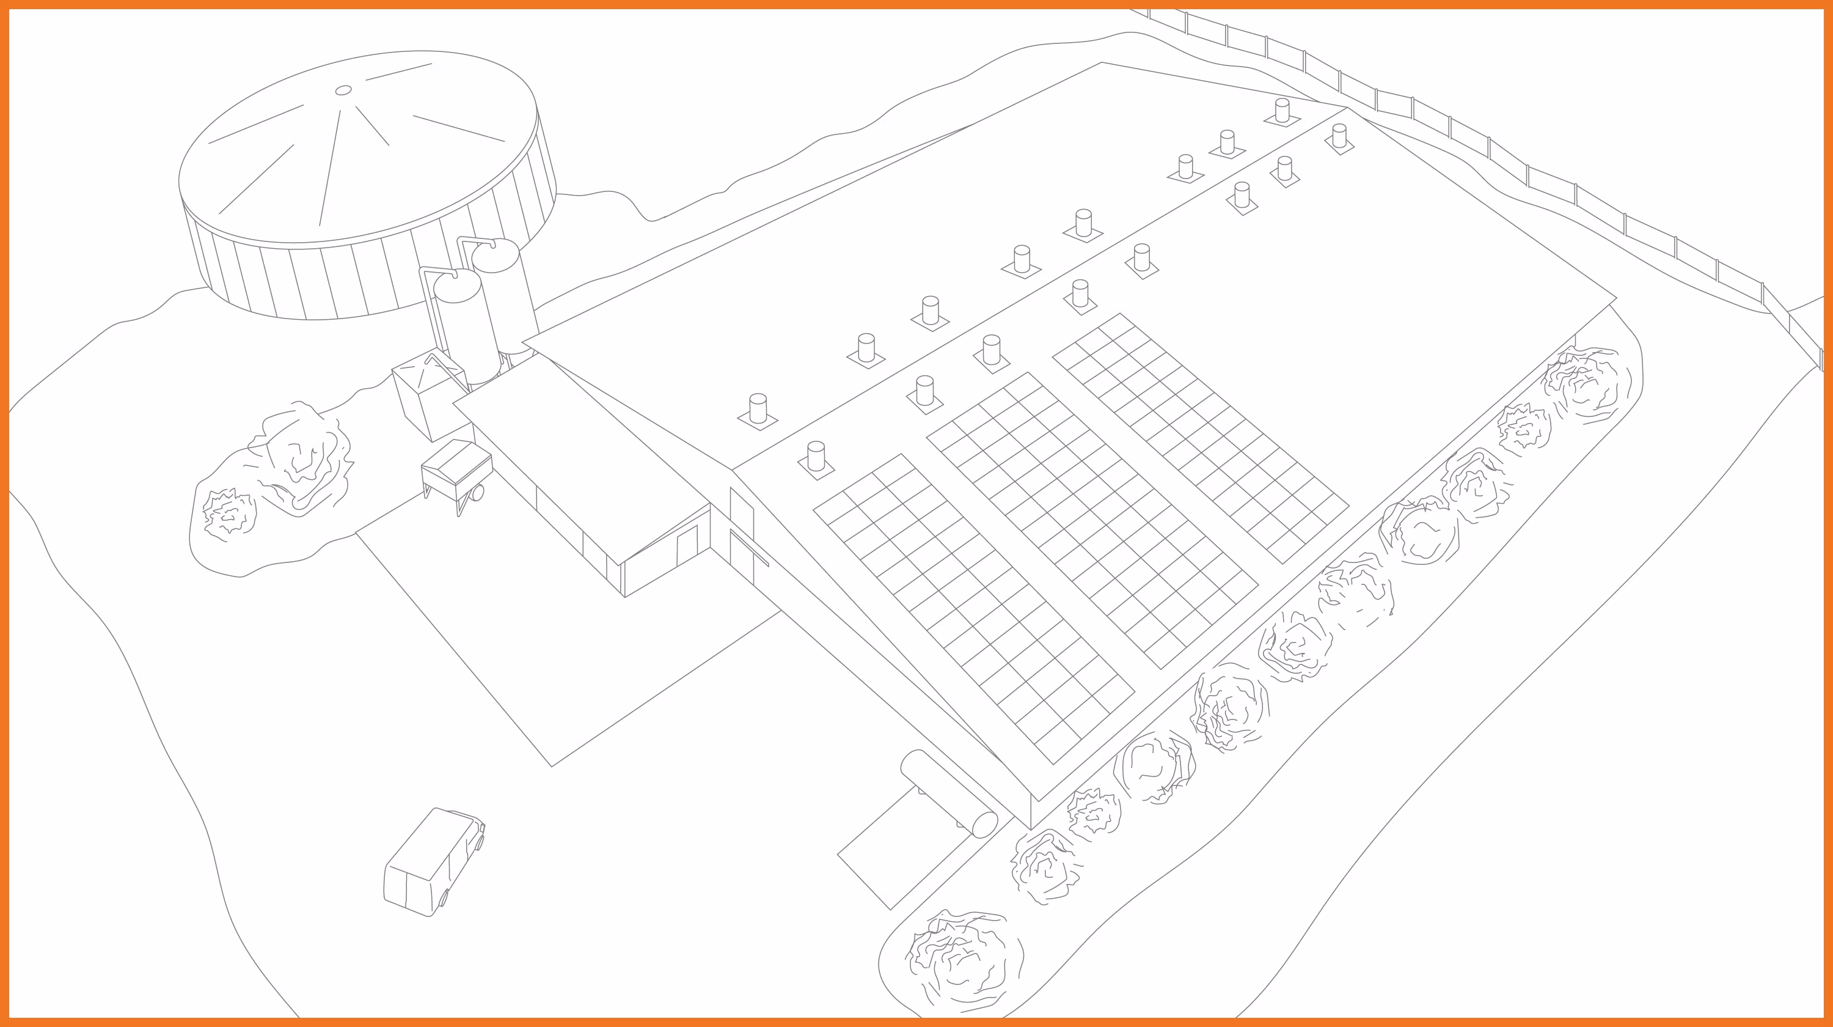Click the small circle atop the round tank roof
pyautogui.click(x=343, y=90)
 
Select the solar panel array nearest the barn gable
pyautogui.click(x=973, y=608)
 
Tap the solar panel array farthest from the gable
pyautogui.click(x=1201, y=437)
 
